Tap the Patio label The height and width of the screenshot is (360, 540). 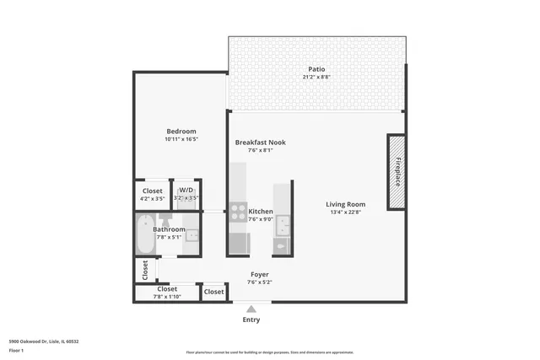tap(316, 69)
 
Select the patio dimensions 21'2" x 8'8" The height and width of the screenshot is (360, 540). tap(316, 78)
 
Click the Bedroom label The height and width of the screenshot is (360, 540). tap(181, 131)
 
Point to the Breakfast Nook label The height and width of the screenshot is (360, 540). tap(260, 142)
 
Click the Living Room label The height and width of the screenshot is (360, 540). tap(346, 204)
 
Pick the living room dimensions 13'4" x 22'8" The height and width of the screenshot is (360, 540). tap(346, 212)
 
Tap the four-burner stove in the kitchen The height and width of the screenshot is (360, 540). tap(238, 212)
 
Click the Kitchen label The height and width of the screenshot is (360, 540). tap(261, 211)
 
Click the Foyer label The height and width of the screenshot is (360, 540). tap(260, 275)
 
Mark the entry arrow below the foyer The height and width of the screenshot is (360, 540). tap(251, 308)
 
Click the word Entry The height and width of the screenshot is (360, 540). tap(251, 320)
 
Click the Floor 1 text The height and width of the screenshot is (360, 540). tap(16, 350)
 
